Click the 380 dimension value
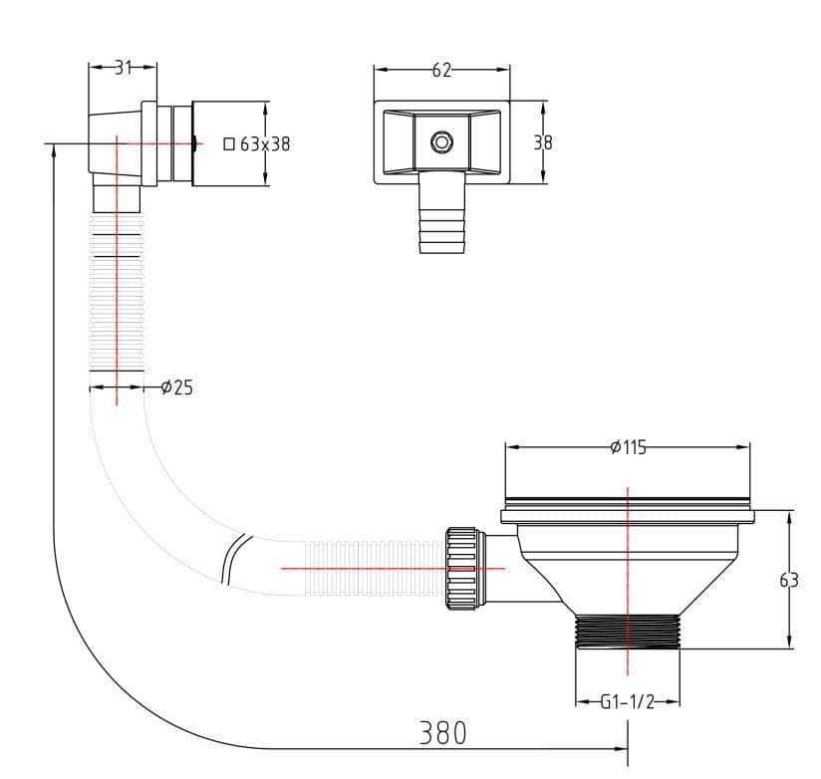click(x=442, y=733)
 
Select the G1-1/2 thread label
click(x=627, y=701)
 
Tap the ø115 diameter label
click(x=628, y=447)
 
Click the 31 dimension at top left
click(x=123, y=68)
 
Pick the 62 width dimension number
click(x=441, y=70)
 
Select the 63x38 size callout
click(x=265, y=143)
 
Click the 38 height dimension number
click(x=542, y=142)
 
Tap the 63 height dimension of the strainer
click(x=788, y=580)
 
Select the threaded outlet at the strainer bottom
click(x=627, y=631)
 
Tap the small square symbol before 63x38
click(x=229, y=143)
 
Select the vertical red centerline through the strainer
click(x=628, y=578)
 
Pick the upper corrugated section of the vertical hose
click(x=117, y=299)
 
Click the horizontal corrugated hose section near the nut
click(x=374, y=568)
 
